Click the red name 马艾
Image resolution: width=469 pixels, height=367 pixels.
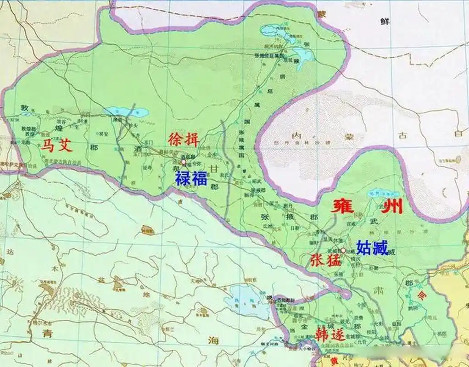[57, 146]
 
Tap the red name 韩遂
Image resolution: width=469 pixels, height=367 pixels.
[329, 334]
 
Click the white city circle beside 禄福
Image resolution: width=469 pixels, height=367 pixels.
[184, 162]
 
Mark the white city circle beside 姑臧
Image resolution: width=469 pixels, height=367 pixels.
[343, 250]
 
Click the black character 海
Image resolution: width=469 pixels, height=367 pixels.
[212, 340]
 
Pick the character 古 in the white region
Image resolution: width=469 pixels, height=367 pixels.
[404, 134]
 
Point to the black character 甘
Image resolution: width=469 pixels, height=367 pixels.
[215, 169]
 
